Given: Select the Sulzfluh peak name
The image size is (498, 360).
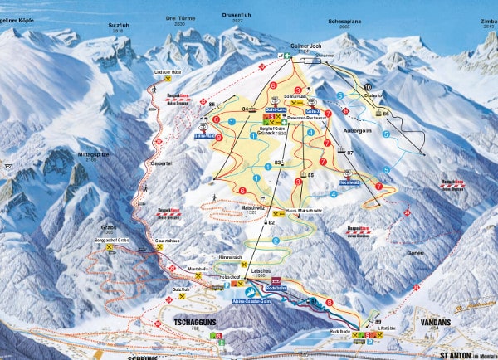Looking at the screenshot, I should pyautogui.click(x=120, y=26).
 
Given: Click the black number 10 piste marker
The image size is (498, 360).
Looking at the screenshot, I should pyautogui.click(x=368, y=87).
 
